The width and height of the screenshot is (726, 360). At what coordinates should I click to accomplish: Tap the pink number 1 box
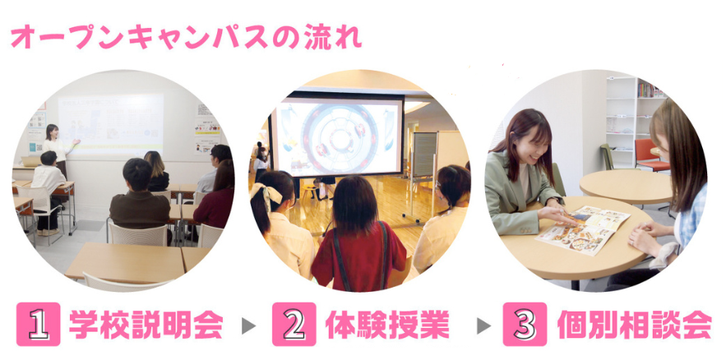pos(39,324)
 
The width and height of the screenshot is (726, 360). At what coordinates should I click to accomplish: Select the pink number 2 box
pos(294,324)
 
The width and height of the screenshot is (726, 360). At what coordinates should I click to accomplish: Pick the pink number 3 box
pos(525,324)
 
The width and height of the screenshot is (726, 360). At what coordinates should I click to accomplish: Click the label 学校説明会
pos(146,325)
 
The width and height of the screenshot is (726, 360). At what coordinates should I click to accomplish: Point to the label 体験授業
pos(387,325)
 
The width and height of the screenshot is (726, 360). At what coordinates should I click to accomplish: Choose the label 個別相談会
pos(634,325)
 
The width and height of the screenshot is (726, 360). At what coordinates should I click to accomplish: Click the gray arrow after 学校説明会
pos(248,325)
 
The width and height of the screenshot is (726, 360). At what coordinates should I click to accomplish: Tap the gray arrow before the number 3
pos(483,325)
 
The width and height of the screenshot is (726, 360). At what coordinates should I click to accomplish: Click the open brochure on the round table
pos(582,229)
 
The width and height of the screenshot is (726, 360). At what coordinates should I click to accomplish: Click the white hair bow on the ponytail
pos(266,194)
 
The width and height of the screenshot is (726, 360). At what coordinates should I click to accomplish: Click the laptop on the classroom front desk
pos(30,161)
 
